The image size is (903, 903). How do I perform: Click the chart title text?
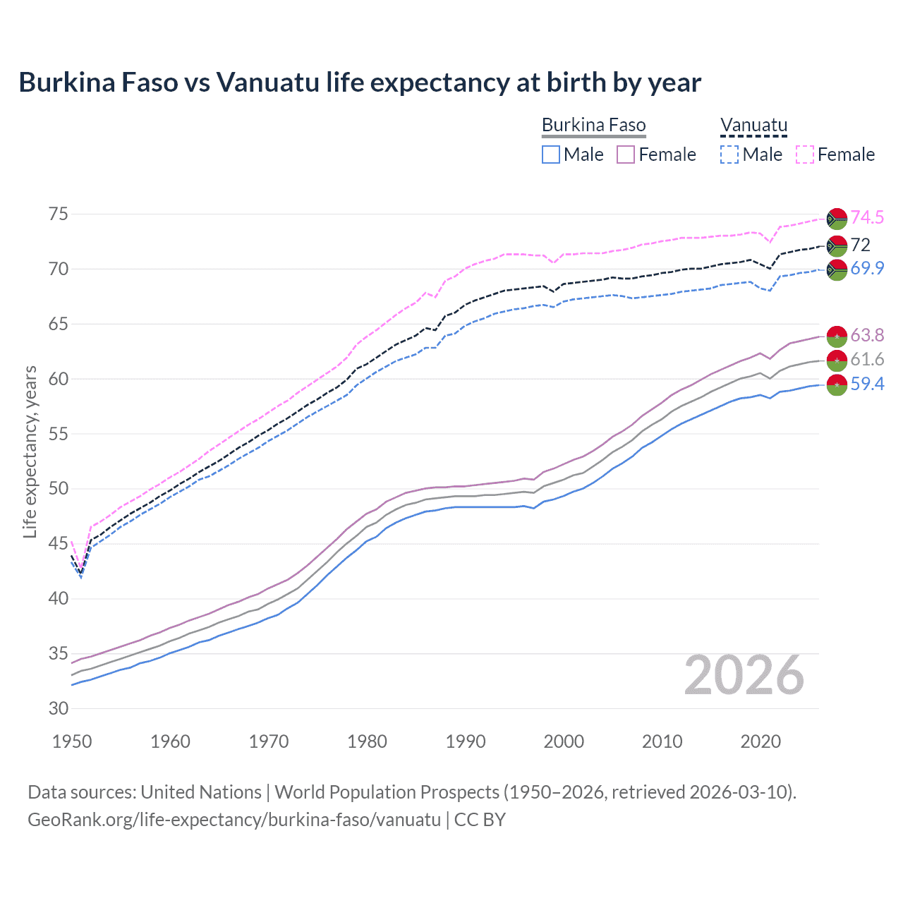[x=360, y=83]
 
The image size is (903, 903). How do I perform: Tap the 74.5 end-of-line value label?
[x=867, y=218]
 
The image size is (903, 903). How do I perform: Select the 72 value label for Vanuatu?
[x=861, y=245]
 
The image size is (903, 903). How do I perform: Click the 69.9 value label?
[x=867, y=268]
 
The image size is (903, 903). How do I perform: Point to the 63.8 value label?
[x=867, y=335]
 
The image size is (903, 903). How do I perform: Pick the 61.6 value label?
[x=867, y=360]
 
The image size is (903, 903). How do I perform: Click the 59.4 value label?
[x=867, y=384]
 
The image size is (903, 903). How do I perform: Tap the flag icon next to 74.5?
[x=837, y=219]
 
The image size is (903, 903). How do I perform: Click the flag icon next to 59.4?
[x=837, y=385]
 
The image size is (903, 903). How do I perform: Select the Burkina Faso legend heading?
[x=593, y=126]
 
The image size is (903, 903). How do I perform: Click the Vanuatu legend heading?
[x=753, y=126]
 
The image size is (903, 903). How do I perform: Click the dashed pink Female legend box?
[x=805, y=154]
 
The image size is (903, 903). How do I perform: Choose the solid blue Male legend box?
[x=551, y=154]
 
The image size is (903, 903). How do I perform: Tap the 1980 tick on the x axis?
[x=367, y=741]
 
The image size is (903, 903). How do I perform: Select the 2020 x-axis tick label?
[x=760, y=741]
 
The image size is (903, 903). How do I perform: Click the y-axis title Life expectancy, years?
[x=30, y=451]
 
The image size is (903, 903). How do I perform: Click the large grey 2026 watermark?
[x=744, y=675]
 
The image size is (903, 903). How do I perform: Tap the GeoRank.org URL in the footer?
[x=234, y=820]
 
